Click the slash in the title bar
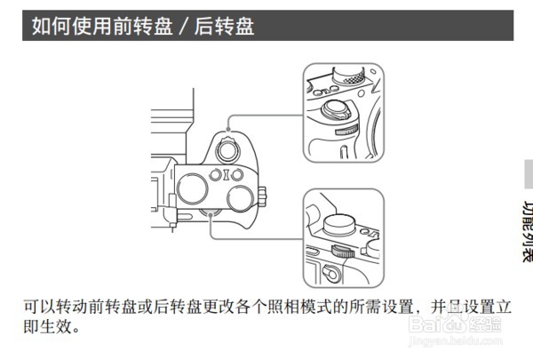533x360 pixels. pos(183,27)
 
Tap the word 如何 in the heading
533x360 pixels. pos(52,26)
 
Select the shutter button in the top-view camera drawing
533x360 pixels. pos(227,149)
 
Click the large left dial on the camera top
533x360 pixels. pos(192,188)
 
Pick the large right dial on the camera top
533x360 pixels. pos(241,199)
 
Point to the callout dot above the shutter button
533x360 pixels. pos(228,129)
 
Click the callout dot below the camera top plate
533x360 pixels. pos(211,214)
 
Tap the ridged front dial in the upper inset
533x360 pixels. pos(346,130)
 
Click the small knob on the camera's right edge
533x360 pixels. pos(262,196)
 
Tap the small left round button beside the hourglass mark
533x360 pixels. pos(215,175)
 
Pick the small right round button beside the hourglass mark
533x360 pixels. pos(237,175)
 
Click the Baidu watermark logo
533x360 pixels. pos(455,324)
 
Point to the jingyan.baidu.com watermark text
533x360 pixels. pos(456,341)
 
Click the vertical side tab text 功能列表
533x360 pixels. pos(527,231)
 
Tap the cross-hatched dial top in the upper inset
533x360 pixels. pos(354,78)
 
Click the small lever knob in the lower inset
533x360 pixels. pos(330,273)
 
